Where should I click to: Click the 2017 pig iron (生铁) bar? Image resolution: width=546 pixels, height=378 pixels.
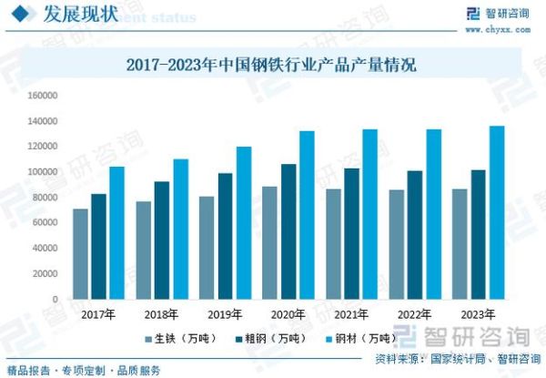pos(81,254)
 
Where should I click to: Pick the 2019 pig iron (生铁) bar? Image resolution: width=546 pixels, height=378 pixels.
pos(207,248)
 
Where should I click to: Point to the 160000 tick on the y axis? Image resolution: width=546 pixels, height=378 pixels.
pos(43,95)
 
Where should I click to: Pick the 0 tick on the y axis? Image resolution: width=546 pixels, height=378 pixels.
pos(56,299)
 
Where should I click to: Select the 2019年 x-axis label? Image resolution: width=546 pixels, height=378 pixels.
pos(224,314)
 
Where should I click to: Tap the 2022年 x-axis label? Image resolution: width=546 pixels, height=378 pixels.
pos(413,314)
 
